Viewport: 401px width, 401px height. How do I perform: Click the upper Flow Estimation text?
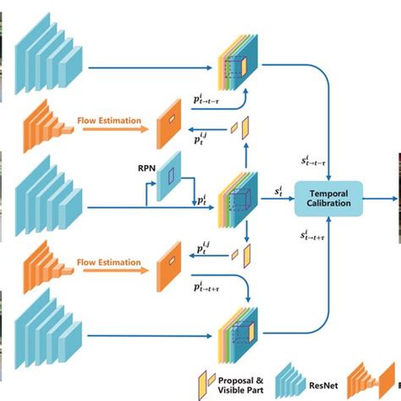pos(106,119)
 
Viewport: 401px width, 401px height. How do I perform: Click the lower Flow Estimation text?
pos(106,262)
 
